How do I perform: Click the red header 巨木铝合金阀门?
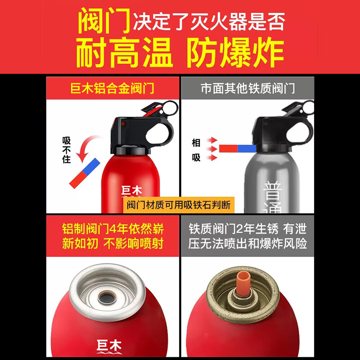tap(113, 88)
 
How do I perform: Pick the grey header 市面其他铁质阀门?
tap(247, 88)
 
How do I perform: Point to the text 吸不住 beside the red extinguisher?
tap(67, 150)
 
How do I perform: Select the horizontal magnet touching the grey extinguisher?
tap(237, 148)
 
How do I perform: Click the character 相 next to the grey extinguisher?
tap(196, 143)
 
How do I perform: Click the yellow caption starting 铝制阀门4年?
tap(113, 236)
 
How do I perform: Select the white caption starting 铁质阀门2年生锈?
tap(247, 236)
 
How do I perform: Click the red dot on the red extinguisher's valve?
tap(124, 123)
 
